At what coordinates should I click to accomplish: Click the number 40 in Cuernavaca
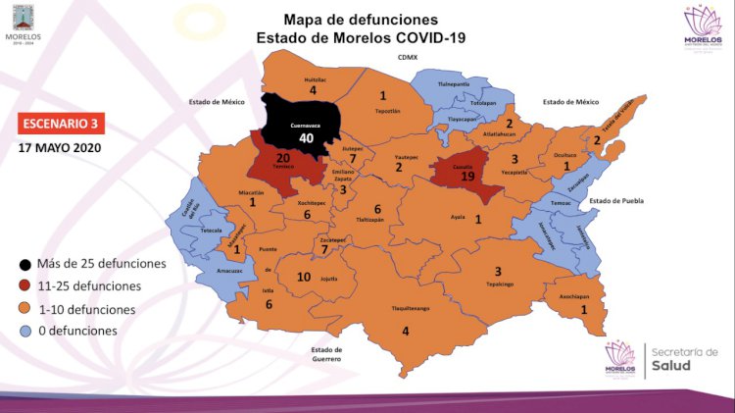coord(306,138)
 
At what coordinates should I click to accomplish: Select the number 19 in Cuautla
coord(468,177)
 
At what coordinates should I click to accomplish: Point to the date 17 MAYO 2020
coord(60,149)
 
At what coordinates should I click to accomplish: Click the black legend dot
coord(24,263)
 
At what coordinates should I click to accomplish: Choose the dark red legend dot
coord(24,285)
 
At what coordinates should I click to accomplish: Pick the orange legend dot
coord(24,308)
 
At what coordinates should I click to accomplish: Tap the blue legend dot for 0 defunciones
coord(24,331)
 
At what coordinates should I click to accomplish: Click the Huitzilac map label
coord(314,77)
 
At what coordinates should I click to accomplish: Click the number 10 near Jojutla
coord(304,278)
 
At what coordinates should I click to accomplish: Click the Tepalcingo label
coord(499,288)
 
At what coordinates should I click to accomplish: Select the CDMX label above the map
coord(408,58)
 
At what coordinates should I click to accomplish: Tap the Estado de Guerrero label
coord(326,355)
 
